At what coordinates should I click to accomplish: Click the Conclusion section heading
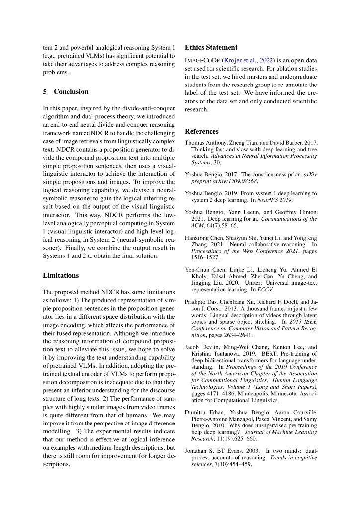(71, 92)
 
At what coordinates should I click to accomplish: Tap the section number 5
(45, 92)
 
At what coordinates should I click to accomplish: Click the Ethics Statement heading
(211, 48)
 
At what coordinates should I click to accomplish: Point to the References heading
(201, 132)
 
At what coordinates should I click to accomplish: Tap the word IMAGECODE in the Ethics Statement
(202, 60)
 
